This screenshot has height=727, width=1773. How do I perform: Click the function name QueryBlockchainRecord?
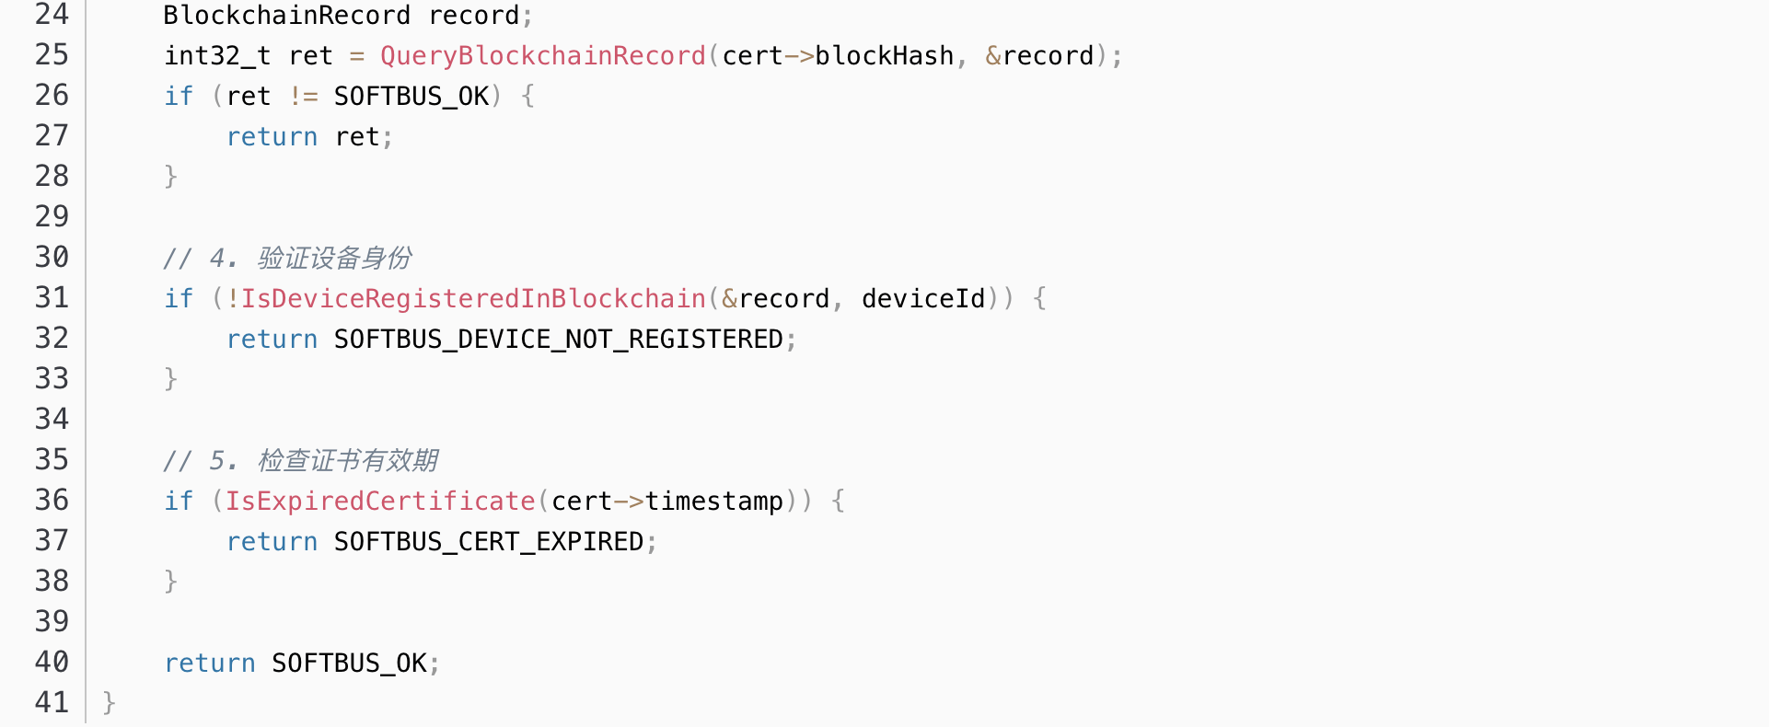[x=542, y=56]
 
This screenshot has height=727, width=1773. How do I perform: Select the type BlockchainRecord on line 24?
[x=286, y=16]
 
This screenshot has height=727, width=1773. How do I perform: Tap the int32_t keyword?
[x=217, y=56]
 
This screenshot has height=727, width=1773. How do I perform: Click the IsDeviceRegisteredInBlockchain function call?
[x=473, y=299]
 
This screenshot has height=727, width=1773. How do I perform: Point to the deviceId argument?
[x=923, y=299]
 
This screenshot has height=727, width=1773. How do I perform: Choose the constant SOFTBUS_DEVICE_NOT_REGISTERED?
[x=558, y=340]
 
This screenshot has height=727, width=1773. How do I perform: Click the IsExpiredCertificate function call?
[x=380, y=502]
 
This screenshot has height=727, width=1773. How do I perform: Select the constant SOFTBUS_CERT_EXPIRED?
[x=488, y=542]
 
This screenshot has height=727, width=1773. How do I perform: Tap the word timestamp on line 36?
[x=713, y=502]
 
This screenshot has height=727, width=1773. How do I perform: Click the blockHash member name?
[x=884, y=56]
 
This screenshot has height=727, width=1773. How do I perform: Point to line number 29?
[x=52, y=217]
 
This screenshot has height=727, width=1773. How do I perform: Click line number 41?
[x=52, y=703]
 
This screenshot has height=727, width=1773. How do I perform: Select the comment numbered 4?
[x=287, y=259]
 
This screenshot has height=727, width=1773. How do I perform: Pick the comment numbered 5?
[x=300, y=461]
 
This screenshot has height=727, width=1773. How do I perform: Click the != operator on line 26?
[x=303, y=97]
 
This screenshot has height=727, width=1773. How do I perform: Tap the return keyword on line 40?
[x=210, y=664]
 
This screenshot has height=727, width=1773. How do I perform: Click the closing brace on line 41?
[x=109, y=703]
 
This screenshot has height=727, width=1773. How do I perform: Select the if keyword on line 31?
[x=179, y=299]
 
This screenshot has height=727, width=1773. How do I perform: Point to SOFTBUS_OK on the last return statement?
[x=349, y=664]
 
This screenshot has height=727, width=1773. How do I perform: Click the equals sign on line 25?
[x=356, y=56]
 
